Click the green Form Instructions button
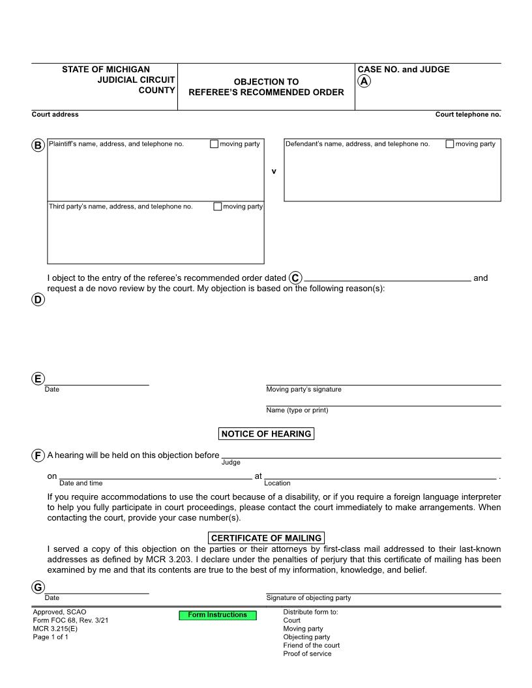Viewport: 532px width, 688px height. [x=218, y=615]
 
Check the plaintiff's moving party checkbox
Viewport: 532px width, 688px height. [x=214, y=144]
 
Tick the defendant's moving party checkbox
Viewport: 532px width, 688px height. [x=450, y=144]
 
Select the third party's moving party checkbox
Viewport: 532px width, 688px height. [x=217, y=207]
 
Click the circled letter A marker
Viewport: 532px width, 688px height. [x=364, y=81]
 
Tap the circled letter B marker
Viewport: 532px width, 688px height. [x=38, y=145]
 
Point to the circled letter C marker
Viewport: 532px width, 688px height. [x=295, y=278]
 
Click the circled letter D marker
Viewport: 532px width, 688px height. [x=38, y=300]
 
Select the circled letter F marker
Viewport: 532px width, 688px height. [x=38, y=455]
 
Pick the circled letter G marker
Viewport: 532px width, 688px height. [x=38, y=588]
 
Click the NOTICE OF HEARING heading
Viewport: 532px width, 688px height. [x=266, y=434]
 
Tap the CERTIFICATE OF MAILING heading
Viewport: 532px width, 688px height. [x=266, y=538]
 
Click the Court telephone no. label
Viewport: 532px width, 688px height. [x=468, y=115]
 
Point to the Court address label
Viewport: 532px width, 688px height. [x=55, y=115]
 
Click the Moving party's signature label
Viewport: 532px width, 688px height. [x=304, y=390]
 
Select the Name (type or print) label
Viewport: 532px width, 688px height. [x=297, y=410]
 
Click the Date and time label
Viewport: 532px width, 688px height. [x=81, y=483]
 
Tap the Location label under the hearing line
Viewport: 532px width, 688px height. [x=277, y=483]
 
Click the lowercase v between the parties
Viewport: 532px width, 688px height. [x=274, y=171]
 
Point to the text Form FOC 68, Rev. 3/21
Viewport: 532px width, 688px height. [x=70, y=620]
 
